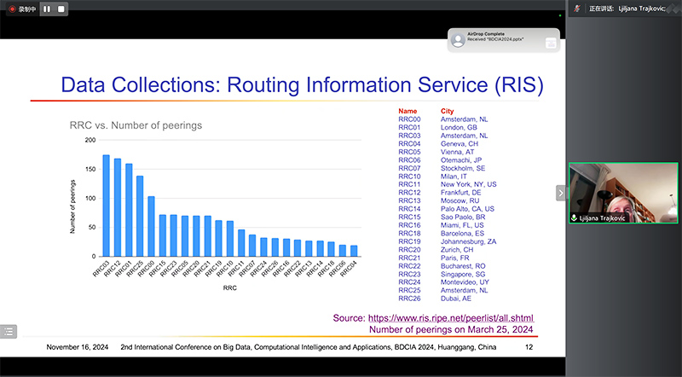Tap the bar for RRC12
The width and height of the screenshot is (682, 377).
pyautogui.click(x=118, y=207)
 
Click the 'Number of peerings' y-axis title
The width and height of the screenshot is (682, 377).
pyautogui.click(x=73, y=199)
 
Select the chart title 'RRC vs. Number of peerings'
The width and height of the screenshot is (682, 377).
pyautogui.click(x=136, y=125)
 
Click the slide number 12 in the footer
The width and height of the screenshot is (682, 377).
pyautogui.click(x=529, y=347)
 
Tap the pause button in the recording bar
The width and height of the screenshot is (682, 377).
pyautogui.click(x=47, y=9)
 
